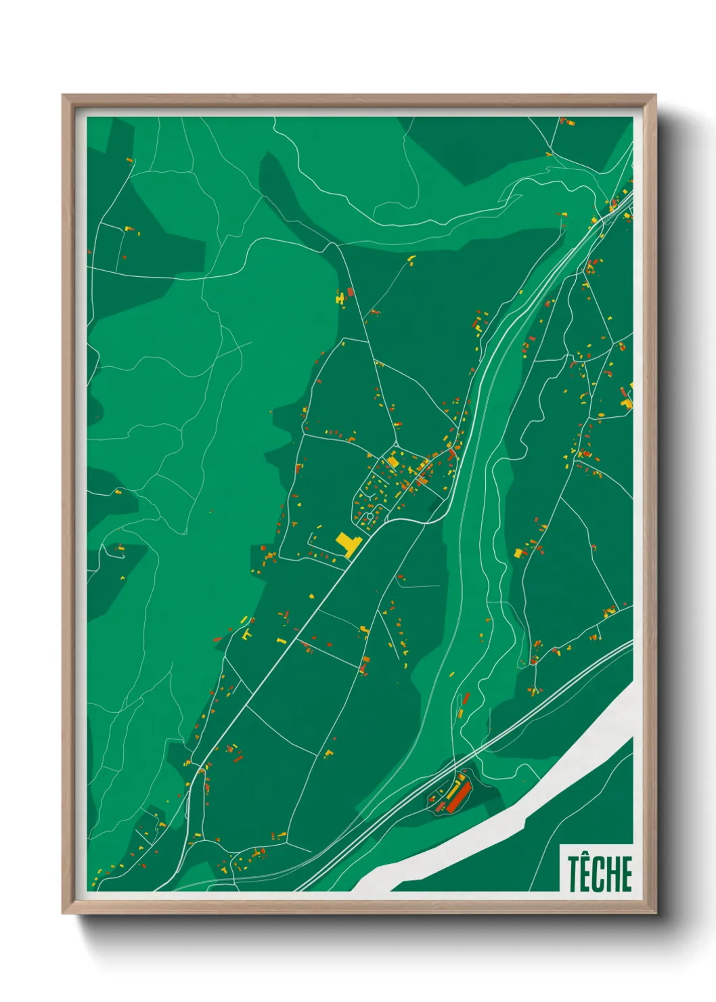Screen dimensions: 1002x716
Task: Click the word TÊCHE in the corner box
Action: point(600,873)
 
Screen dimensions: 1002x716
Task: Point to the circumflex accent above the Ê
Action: point(587,856)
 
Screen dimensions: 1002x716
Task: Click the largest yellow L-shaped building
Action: point(348,544)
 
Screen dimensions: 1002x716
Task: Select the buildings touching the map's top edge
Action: point(567,122)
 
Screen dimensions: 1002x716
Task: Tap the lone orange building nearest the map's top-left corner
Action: point(129,160)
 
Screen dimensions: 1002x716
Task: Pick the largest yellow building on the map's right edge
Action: point(627,398)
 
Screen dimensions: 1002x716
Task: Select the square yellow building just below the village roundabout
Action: point(392,462)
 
